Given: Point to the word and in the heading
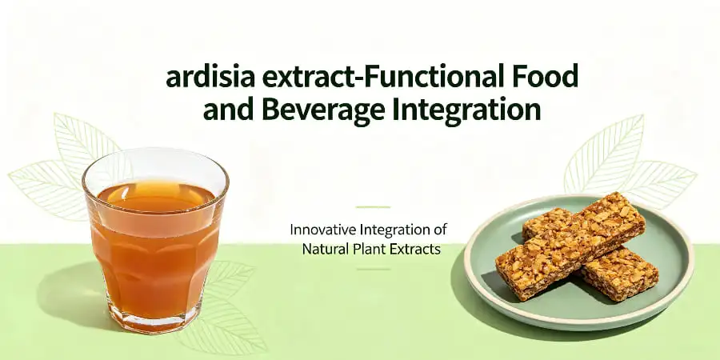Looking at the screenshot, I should pos(228,109).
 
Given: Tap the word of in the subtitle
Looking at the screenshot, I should pos(439,230).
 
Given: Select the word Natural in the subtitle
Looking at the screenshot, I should pos(324,249).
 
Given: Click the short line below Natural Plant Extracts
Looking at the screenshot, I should pos(373,269).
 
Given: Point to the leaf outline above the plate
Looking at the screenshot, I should pos(612,156).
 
